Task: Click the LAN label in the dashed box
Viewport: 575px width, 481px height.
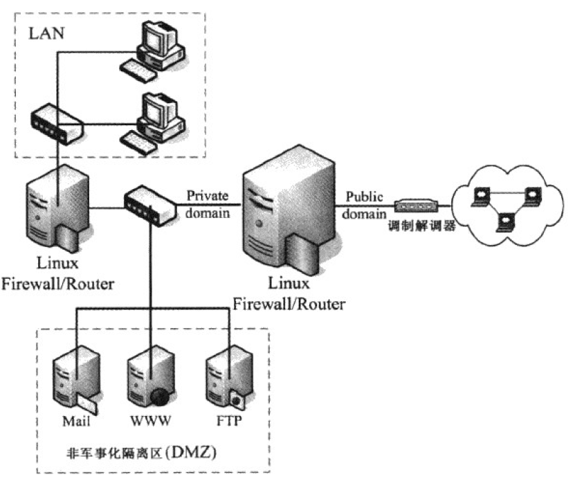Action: (x=46, y=33)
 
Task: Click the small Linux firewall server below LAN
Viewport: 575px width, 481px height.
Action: (x=57, y=208)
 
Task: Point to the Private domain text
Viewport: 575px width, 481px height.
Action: (x=207, y=204)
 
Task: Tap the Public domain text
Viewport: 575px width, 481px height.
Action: (x=364, y=204)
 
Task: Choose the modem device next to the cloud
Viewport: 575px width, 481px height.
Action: (x=417, y=206)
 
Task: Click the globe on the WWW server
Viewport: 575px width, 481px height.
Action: (x=160, y=397)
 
